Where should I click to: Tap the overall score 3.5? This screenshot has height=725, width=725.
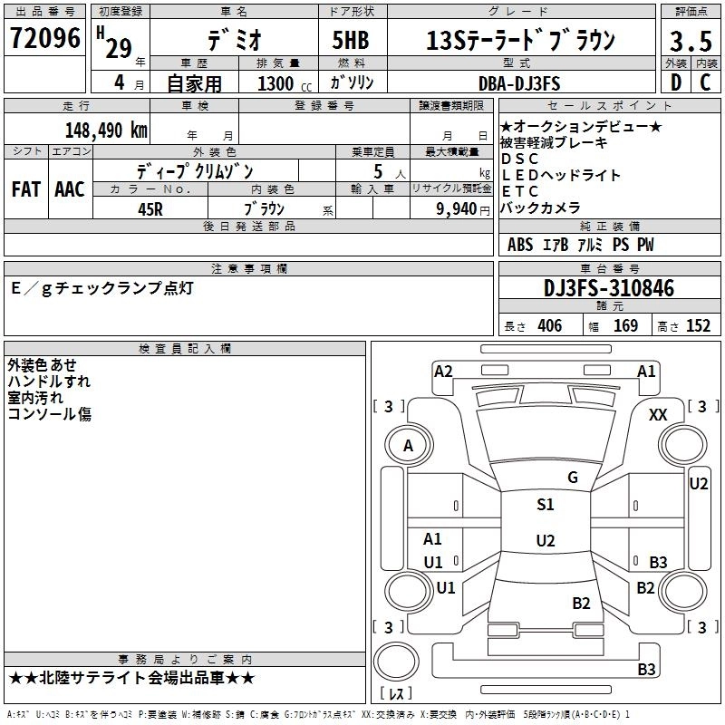(x=689, y=42)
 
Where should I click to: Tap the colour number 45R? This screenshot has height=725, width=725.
(x=150, y=208)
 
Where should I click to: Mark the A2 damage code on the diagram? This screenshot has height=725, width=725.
(x=443, y=371)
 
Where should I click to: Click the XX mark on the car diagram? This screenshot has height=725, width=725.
(x=659, y=414)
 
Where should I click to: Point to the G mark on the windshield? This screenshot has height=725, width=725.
(x=572, y=478)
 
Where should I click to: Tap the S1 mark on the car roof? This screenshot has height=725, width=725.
(x=546, y=505)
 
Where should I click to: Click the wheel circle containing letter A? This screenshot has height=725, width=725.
(x=408, y=445)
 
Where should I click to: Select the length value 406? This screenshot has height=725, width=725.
(x=549, y=326)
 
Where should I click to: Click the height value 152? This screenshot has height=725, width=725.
(x=698, y=326)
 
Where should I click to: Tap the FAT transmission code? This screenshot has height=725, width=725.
(x=26, y=189)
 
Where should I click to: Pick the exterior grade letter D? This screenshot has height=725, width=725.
(x=675, y=83)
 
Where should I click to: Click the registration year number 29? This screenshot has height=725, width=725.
(x=118, y=48)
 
